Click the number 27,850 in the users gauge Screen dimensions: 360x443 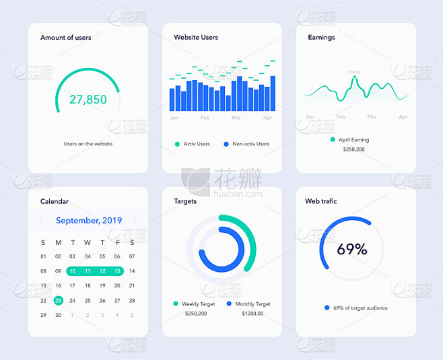[x=88, y=100]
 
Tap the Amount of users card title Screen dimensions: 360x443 [x=65, y=38]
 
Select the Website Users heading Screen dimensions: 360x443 [x=196, y=38]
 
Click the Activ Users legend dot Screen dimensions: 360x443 [x=177, y=144]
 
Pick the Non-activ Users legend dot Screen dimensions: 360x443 [x=226, y=144]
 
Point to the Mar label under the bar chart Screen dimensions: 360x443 [x=236, y=118]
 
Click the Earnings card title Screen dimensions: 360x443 [x=321, y=38]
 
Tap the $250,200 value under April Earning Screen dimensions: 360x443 [x=353, y=149]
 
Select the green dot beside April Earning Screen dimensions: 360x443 [x=333, y=140]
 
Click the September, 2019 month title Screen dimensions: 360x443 [x=89, y=221]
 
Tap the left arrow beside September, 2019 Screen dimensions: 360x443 [x=41, y=221]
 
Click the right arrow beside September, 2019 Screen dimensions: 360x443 [x=135, y=221]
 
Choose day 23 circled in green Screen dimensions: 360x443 [x=59, y=301]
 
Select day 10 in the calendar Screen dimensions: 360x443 [x=73, y=271]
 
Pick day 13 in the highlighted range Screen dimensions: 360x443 [x=117, y=271]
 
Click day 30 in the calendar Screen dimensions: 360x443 [x=59, y=315]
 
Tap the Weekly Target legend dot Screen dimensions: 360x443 [x=176, y=304]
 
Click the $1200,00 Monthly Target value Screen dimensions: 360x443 [x=252, y=314]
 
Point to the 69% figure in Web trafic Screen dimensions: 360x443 [x=352, y=250]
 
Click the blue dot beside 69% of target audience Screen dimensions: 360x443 [x=327, y=308]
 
